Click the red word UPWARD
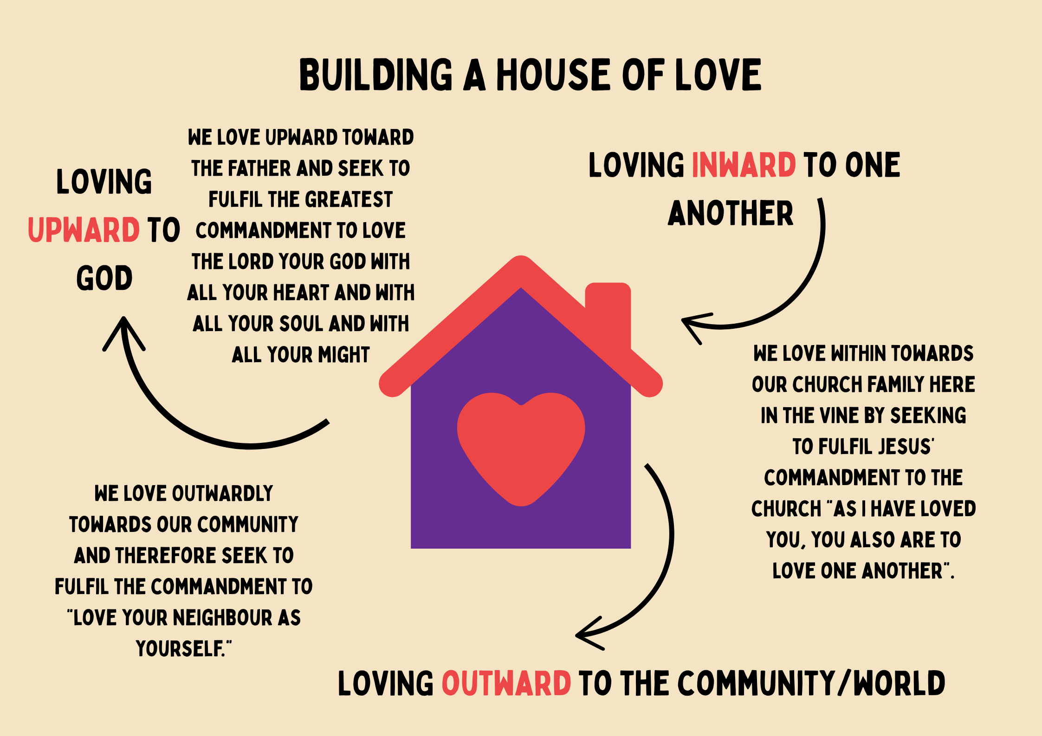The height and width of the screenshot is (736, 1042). (84, 230)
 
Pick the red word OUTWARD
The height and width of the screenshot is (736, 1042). (506, 683)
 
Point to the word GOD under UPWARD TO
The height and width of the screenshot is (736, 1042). (104, 278)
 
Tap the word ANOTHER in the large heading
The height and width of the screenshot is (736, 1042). (731, 213)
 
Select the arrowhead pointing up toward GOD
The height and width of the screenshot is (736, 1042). (124, 332)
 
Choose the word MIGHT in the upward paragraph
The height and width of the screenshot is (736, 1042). (344, 355)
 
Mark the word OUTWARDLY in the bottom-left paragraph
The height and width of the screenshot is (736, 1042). (222, 493)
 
